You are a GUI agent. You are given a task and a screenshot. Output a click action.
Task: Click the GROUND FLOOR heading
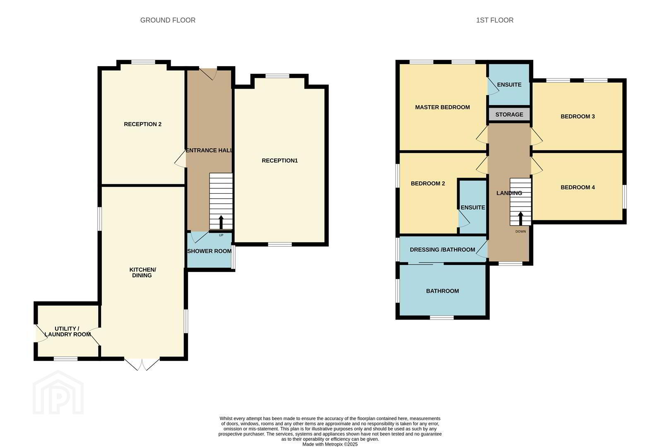pyautogui.click(x=168, y=20)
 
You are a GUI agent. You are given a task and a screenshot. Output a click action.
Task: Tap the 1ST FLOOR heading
pyautogui.click(x=495, y=20)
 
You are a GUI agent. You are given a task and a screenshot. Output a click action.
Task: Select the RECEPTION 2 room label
pyautogui.click(x=142, y=124)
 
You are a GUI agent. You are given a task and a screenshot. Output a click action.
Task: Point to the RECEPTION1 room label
pyautogui.click(x=279, y=161)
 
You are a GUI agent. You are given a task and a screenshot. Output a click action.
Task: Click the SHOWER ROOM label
pyautogui.click(x=209, y=251)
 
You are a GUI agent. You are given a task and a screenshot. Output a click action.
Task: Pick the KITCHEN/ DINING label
pyautogui.click(x=142, y=272)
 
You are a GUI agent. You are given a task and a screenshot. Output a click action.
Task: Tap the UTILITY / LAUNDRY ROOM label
pyautogui.click(x=67, y=331)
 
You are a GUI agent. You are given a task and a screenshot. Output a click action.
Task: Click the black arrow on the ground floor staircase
pyautogui.click(x=221, y=222)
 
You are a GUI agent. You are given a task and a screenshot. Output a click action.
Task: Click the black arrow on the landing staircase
pyautogui.click(x=520, y=219)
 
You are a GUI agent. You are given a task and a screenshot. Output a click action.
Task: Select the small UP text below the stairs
pyautogui.click(x=221, y=235)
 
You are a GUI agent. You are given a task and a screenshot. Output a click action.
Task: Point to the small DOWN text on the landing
pyautogui.click(x=520, y=231)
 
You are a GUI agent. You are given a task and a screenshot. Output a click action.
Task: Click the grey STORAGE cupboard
pyautogui.click(x=509, y=114)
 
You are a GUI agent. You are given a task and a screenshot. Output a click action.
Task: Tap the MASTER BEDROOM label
pyautogui.click(x=442, y=107)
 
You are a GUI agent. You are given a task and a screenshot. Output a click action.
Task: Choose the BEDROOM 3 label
pyautogui.click(x=578, y=116)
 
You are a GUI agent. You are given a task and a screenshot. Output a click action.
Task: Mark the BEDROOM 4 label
pyautogui.click(x=578, y=187)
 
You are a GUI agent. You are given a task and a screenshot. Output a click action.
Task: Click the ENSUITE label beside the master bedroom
pyautogui.click(x=509, y=84)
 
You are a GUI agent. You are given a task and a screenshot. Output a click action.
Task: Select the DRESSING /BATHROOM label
pyautogui.click(x=442, y=250)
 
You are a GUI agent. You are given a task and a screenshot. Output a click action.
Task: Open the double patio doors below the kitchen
pyautogui.click(x=142, y=364)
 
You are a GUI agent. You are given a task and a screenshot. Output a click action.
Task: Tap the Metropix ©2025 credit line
pyautogui.click(x=330, y=445)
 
